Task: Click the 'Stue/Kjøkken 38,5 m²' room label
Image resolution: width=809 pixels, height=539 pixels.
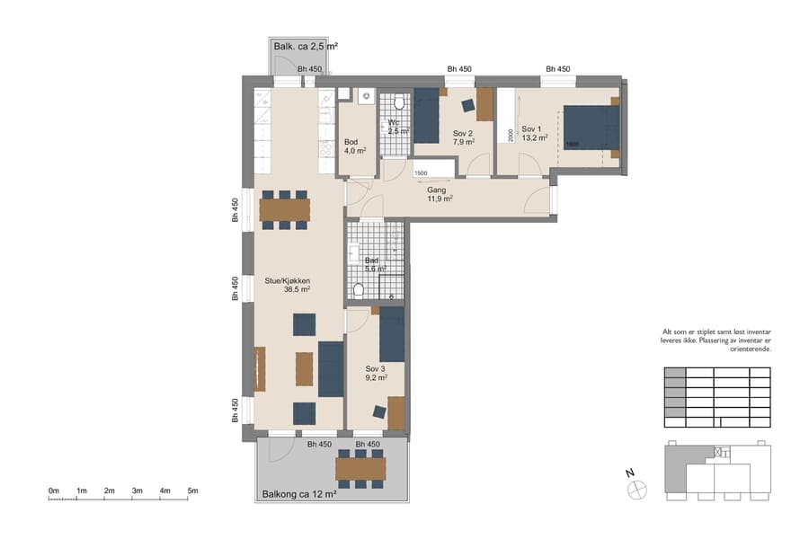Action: [x=287, y=285]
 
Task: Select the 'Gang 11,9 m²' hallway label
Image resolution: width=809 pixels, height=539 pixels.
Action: [x=439, y=194]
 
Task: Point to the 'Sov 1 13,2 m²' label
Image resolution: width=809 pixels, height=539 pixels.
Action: [x=535, y=133]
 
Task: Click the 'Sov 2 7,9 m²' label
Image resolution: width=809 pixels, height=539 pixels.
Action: [x=464, y=137]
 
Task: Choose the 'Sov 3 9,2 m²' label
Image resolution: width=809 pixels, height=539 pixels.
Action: [x=376, y=373]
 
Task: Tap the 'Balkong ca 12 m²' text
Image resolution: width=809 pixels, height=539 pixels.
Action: [x=298, y=494]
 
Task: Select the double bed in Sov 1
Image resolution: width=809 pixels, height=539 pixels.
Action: [x=591, y=128]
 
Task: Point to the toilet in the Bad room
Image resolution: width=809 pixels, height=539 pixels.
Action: [x=359, y=292]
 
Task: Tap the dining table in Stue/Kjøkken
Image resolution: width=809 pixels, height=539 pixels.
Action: [x=284, y=209]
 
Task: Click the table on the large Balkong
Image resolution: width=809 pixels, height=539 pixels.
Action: [x=360, y=469]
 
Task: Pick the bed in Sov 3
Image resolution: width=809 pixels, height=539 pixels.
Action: [x=392, y=333]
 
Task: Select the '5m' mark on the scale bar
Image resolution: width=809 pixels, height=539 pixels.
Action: [x=192, y=490]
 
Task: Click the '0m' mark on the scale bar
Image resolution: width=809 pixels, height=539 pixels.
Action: [x=54, y=490]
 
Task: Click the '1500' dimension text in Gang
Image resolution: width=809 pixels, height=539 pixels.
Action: [x=421, y=172]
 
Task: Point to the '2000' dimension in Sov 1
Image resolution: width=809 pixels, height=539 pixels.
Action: [x=511, y=135]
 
